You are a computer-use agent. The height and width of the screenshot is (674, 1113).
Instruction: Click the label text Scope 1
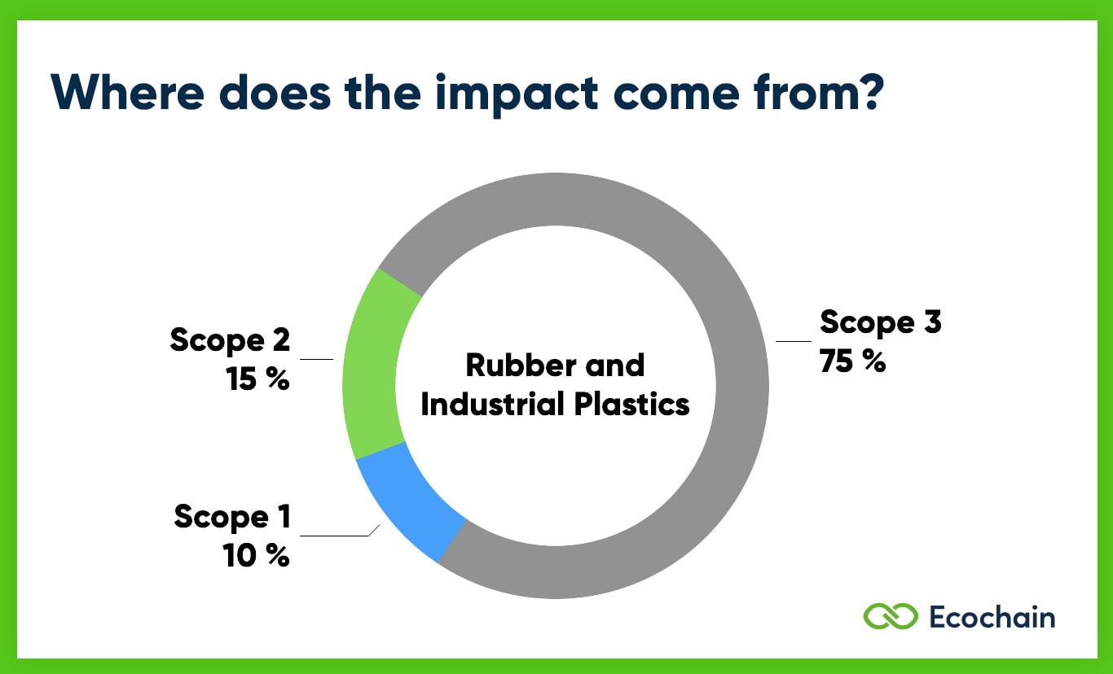[232, 517]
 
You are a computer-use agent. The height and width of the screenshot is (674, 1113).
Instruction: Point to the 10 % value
[256, 556]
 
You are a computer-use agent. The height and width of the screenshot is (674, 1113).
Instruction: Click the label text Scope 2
[230, 340]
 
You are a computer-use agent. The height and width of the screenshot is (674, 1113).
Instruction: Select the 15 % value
[258, 379]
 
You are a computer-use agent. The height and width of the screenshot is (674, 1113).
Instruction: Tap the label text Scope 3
[880, 322]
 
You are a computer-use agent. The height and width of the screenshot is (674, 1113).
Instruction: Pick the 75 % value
[852, 361]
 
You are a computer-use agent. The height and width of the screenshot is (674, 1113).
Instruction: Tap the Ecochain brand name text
[992, 616]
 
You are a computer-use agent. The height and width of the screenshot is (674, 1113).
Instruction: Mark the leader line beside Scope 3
[794, 341]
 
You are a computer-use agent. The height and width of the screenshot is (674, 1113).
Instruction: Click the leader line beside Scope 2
[317, 359]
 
